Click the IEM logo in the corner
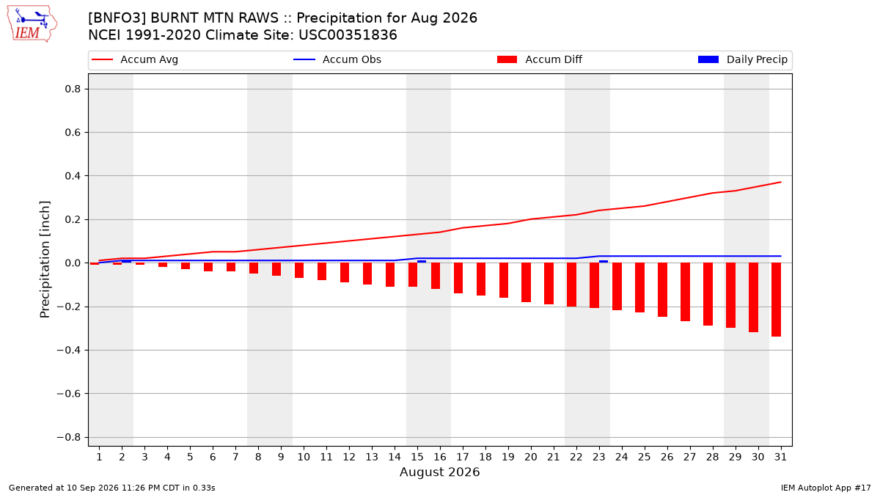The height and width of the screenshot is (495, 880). pyautogui.click(x=32, y=24)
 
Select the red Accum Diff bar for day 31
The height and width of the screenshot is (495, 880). pyautogui.click(x=776, y=300)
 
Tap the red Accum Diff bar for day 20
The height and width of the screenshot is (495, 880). pyautogui.click(x=526, y=282)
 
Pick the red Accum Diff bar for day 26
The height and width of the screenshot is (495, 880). pyautogui.click(x=662, y=290)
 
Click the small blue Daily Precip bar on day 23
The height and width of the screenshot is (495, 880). pyautogui.click(x=604, y=262)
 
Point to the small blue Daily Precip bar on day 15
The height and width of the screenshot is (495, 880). pyautogui.click(x=422, y=262)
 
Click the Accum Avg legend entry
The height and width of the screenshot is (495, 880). pyautogui.click(x=135, y=59)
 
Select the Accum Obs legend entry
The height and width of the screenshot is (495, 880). pyautogui.click(x=337, y=59)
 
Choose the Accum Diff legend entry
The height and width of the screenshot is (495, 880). pyautogui.click(x=540, y=59)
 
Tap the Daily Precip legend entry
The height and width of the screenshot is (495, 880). pyautogui.click(x=742, y=59)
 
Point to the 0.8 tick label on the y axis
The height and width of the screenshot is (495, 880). pyautogui.click(x=73, y=89)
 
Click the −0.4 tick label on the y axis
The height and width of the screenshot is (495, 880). pyautogui.click(x=69, y=350)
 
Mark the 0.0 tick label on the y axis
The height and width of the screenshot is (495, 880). pyautogui.click(x=73, y=263)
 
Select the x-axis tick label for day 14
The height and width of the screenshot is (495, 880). pyautogui.click(x=395, y=457)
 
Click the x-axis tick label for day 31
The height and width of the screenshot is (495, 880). pyautogui.click(x=780, y=457)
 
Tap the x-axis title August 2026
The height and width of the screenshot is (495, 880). pyautogui.click(x=439, y=472)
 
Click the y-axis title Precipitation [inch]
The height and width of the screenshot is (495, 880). pyautogui.click(x=45, y=260)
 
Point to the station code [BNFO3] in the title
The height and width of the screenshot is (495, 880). pyautogui.click(x=117, y=18)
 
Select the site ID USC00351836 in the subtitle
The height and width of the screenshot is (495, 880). pyautogui.click(x=348, y=35)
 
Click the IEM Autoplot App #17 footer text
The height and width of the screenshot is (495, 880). pyautogui.click(x=826, y=488)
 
